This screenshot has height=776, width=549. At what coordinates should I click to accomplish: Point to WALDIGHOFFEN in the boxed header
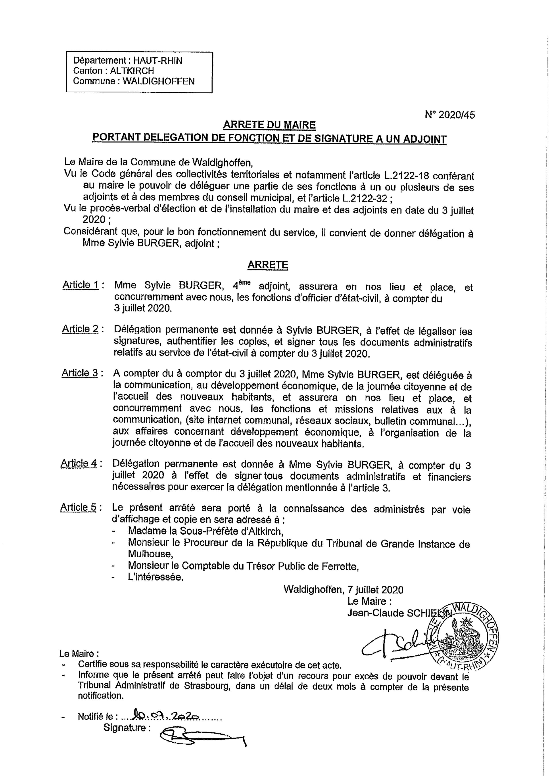159,81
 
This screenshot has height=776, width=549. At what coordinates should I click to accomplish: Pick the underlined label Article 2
80,329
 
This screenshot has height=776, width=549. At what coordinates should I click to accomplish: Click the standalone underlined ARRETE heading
268,265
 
